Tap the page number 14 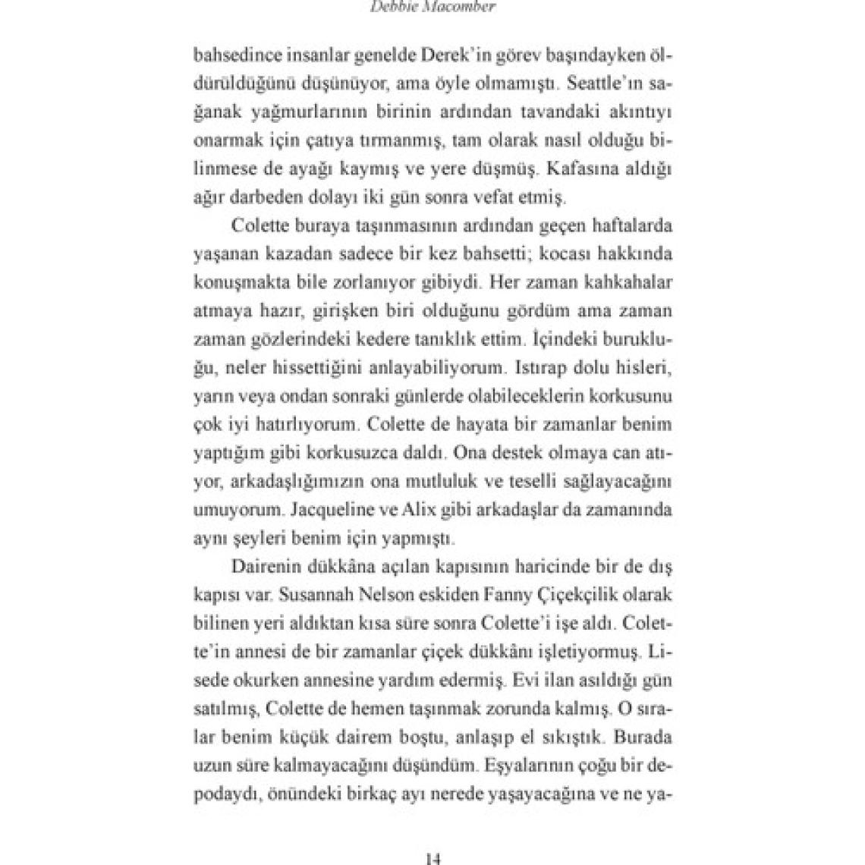click(432, 858)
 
